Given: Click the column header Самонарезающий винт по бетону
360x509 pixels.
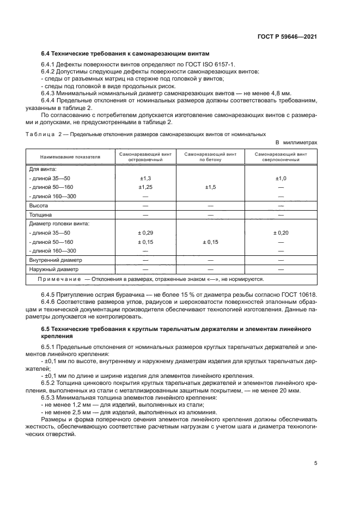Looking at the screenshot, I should (210, 157).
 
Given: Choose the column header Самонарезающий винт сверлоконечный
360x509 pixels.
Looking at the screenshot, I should (280, 157).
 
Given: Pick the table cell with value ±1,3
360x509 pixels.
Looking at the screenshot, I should (145, 178).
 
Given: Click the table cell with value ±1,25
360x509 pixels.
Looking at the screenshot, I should (145, 187).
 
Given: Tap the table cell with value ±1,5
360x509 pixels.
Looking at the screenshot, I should (210, 187).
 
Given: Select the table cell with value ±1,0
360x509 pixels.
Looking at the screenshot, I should (281, 178).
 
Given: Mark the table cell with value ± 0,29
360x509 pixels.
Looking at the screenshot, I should (145, 232).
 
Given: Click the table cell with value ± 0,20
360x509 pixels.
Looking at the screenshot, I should (281, 232).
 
